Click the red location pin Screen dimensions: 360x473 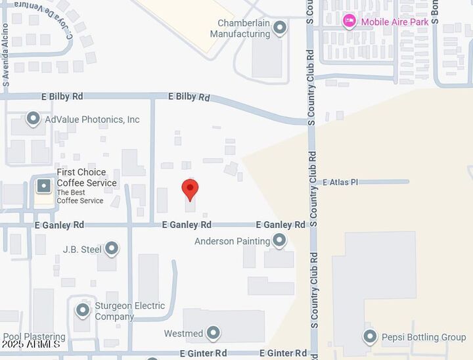pos(190,189)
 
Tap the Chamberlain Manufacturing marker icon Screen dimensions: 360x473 pos(280,28)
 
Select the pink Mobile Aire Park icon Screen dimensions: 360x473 pos(349,22)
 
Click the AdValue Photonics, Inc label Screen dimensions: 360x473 pos(92,120)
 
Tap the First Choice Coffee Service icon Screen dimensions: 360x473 pos(43,185)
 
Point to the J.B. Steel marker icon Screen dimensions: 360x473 pos(112,248)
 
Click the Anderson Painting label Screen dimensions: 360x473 pos(232,241)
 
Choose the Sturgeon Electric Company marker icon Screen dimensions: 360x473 pos(83,309)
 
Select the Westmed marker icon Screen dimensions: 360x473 pos(213,333)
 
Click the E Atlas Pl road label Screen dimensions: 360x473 pos(340,182)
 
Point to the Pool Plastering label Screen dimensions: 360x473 pos(34,337)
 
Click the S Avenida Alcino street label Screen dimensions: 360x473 pos(6,56)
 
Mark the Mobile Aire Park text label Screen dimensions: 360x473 pos(395,22)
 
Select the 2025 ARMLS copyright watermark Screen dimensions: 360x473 pos(31,344)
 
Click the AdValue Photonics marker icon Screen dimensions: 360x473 pos(34,119)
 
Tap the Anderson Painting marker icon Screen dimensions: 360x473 pos(279,240)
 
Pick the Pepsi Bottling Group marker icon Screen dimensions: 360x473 pos(371,337)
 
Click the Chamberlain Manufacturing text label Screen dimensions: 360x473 pos(244,28)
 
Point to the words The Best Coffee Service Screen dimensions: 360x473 pos(80,196)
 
